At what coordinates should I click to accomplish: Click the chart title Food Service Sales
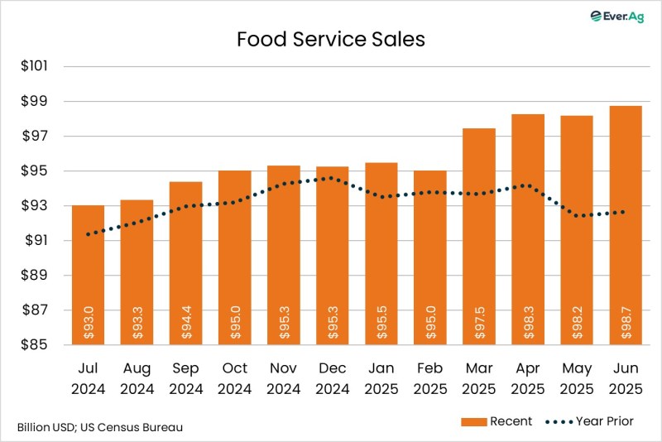[x=331, y=40]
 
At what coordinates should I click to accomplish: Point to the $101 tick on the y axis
[x=36, y=66]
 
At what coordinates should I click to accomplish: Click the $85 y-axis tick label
[x=36, y=345]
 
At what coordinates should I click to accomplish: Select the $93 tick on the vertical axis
[x=36, y=206]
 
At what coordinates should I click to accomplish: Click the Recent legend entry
[x=496, y=422]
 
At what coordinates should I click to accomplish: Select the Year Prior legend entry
[x=589, y=422]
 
